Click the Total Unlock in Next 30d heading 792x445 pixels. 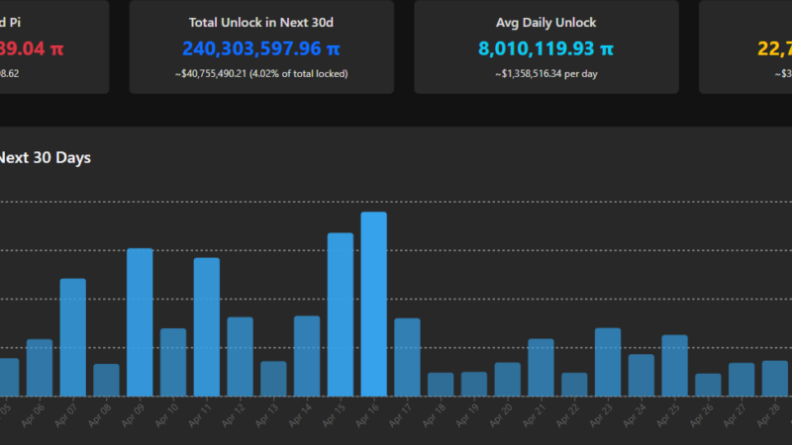click(261, 22)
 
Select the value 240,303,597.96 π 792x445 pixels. click(261, 47)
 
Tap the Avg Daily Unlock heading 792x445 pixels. click(546, 22)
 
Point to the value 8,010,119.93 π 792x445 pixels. click(546, 47)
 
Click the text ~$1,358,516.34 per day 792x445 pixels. click(546, 73)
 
